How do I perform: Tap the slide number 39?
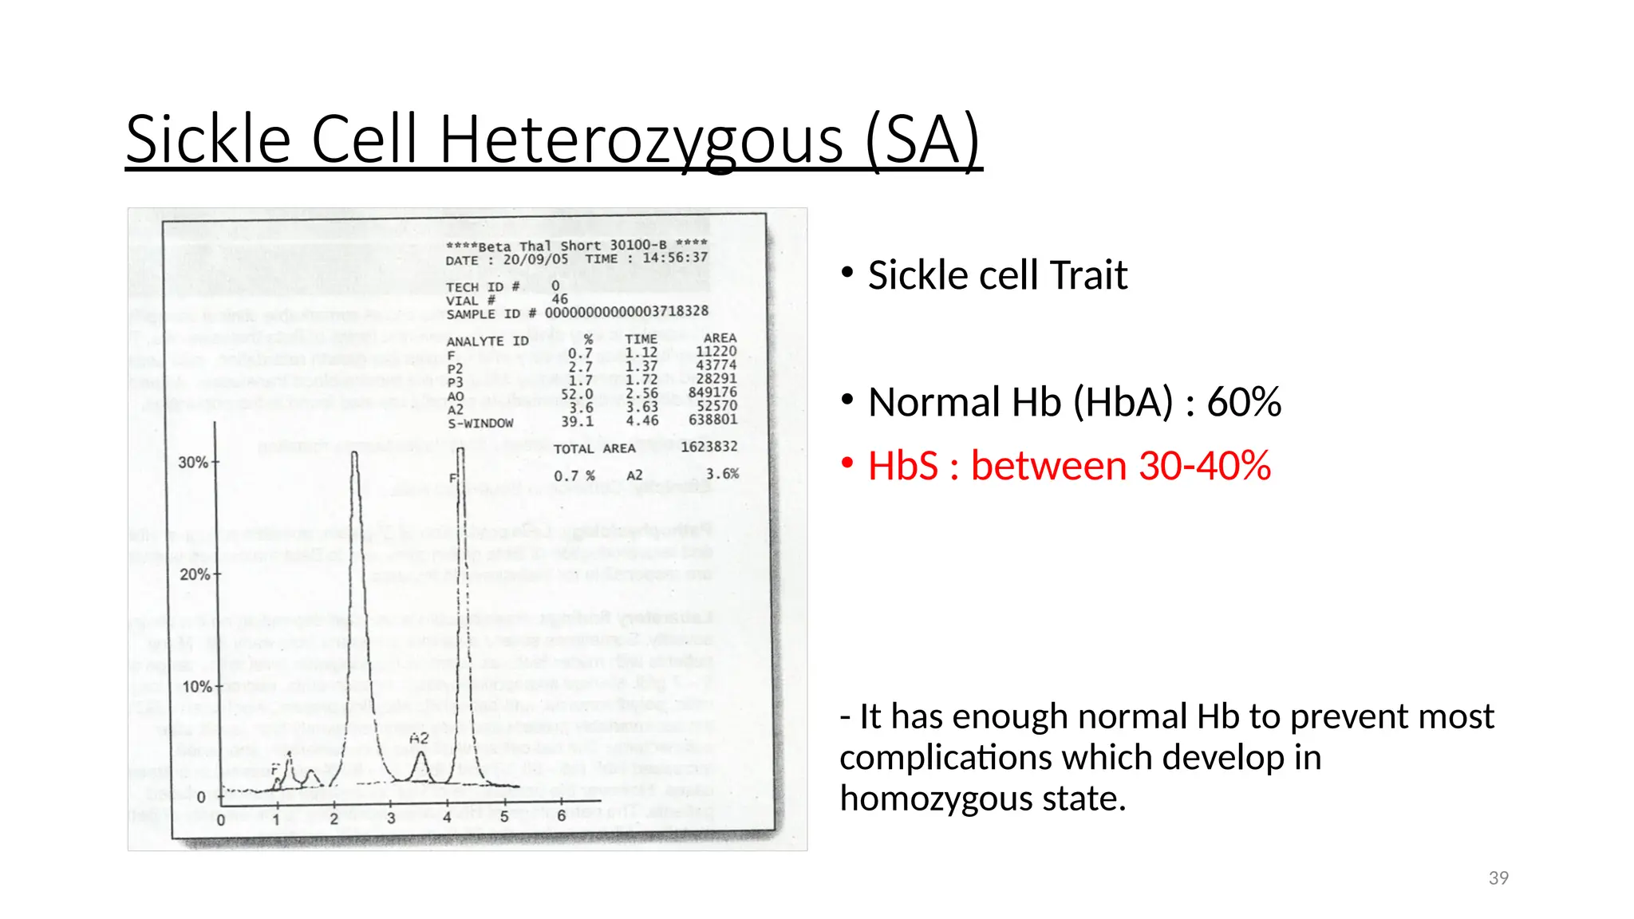pos(1498,878)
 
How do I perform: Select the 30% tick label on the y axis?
pos(192,463)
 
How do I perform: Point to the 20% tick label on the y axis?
pos(194,574)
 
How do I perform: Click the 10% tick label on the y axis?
pos(196,687)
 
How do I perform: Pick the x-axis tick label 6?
pos(562,816)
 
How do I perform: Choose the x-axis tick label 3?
pos(391,818)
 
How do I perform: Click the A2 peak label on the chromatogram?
pos(419,739)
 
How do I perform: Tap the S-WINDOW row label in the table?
pos(480,424)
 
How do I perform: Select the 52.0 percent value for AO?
pos(577,394)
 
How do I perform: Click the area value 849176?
pos(712,392)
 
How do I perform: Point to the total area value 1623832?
pos(708,447)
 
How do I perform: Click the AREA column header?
pos(720,338)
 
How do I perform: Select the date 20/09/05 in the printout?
pos(535,260)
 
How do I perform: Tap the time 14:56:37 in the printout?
pos(675,258)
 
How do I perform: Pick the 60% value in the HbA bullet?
pos(1244,402)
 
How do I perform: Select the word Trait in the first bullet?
pos(1088,276)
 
